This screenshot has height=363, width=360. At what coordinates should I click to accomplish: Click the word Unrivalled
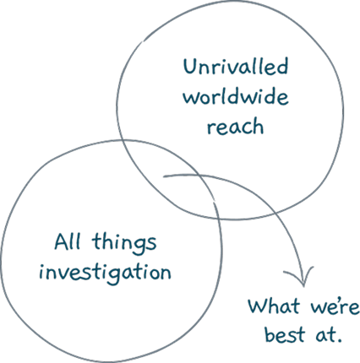pyautogui.click(x=236, y=67)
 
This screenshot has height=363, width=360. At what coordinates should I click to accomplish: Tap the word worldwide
pyautogui.click(x=236, y=97)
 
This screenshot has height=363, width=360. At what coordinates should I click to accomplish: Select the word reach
pyautogui.click(x=235, y=127)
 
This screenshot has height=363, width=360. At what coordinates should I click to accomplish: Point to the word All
pyautogui.click(x=68, y=241)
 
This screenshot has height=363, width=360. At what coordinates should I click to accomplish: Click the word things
pyautogui.click(x=124, y=244)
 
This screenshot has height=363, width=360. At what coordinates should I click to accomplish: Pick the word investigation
pyautogui.click(x=105, y=274)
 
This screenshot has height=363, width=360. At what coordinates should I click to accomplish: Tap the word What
pyautogui.click(x=274, y=306)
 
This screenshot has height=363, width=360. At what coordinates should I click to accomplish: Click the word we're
pyautogui.click(x=335, y=306)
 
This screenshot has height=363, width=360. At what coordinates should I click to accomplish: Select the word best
pyautogui.click(x=285, y=334)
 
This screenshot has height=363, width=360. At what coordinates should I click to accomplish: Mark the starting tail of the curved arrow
pyautogui.click(x=164, y=176)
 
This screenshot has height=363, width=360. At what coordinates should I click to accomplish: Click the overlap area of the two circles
pyautogui.click(x=169, y=180)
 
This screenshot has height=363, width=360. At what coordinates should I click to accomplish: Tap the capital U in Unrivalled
pyautogui.click(x=190, y=67)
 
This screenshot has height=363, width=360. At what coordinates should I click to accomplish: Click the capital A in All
pyautogui.click(x=62, y=241)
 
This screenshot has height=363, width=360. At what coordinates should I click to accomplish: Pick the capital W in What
pyautogui.click(x=258, y=306)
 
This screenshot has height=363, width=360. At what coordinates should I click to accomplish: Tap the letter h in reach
pyautogui.click(x=258, y=127)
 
